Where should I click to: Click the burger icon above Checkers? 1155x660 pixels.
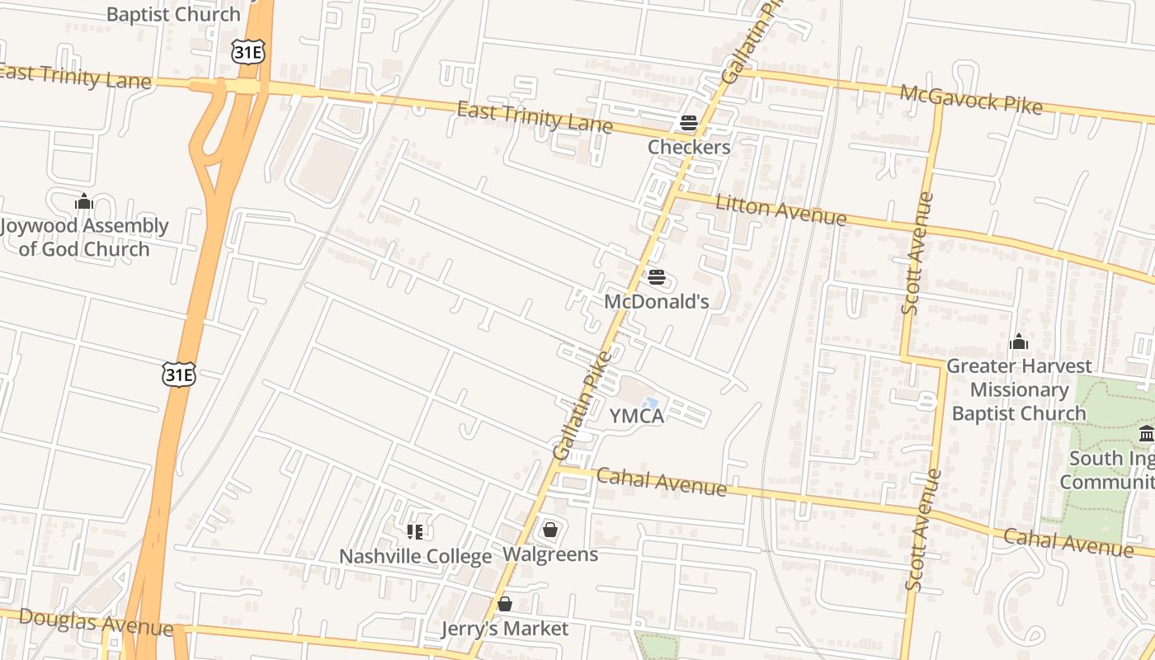click(689, 124)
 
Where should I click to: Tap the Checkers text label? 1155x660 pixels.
click(689, 148)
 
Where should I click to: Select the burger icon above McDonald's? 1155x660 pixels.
click(657, 277)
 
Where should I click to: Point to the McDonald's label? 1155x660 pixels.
click(657, 302)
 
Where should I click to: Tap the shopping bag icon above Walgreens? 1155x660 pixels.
click(550, 530)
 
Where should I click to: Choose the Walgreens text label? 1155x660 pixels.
click(550, 554)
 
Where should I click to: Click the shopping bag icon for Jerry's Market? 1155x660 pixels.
click(505, 604)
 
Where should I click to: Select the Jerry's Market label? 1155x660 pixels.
click(505, 629)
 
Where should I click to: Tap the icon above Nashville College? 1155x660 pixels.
click(415, 531)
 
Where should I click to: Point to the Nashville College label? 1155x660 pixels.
click(415, 557)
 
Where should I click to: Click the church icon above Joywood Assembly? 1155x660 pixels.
click(83, 202)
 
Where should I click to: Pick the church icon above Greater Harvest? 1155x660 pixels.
click(1019, 342)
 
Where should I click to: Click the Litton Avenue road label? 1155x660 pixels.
click(780, 210)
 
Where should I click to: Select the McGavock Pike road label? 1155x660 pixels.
click(970, 100)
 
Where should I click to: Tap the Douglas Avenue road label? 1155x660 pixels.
click(96, 623)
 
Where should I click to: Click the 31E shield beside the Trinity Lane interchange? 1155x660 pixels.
click(247, 53)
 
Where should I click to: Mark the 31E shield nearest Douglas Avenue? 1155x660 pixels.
click(179, 375)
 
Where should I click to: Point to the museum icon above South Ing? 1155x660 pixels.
click(1147, 434)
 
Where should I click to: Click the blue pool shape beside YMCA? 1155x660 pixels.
click(650, 403)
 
